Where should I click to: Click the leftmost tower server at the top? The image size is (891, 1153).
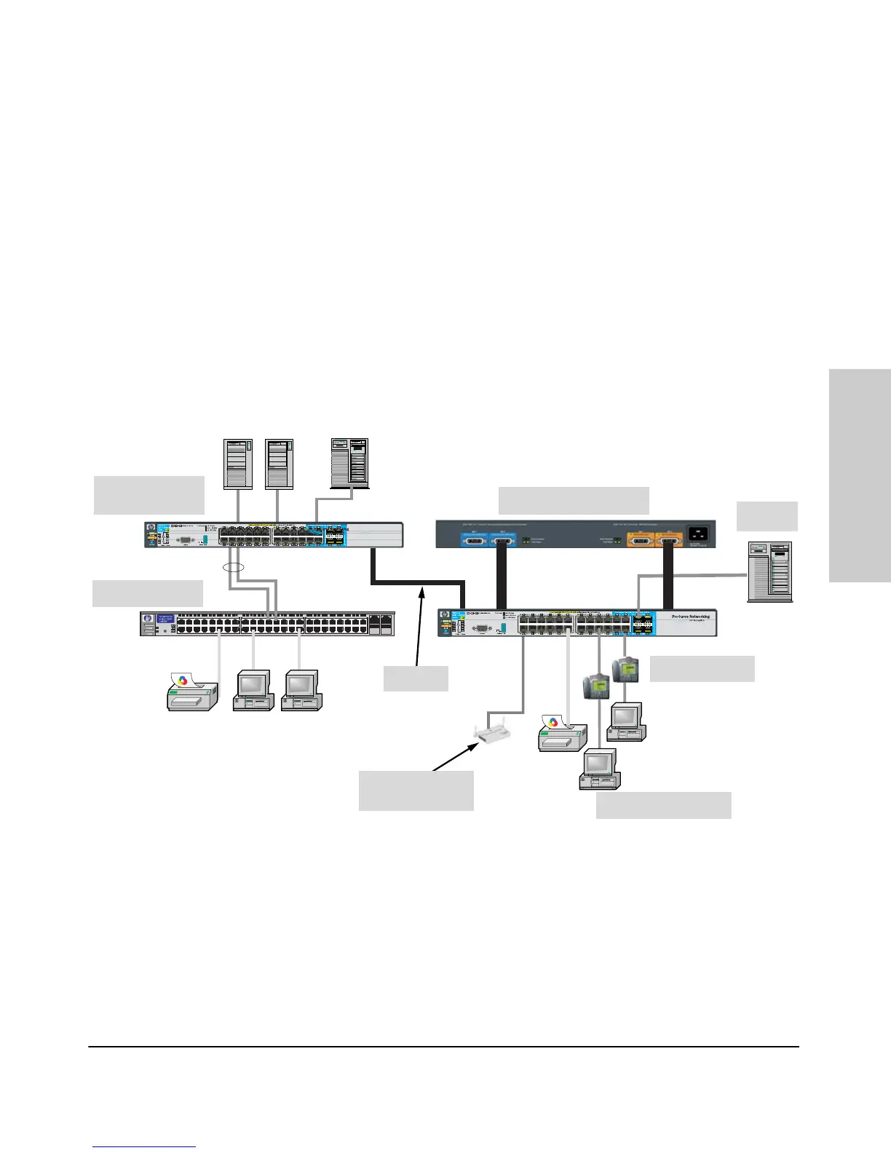[x=238, y=464]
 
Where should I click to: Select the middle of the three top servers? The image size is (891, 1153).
[x=279, y=464]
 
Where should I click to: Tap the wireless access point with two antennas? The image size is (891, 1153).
[x=492, y=732]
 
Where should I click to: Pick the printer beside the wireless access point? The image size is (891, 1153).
[x=562, y=733]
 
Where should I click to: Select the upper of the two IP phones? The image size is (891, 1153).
[x=625, y=669]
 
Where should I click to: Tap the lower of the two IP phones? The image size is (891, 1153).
[x=597, y=686]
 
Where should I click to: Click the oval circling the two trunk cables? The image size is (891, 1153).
[x=231, y=566]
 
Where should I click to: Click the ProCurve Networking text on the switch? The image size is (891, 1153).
[x=690, y=617]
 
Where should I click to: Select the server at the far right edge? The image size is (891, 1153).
[x=769, y=572]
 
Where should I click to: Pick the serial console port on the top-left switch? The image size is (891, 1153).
[x=185, y=540]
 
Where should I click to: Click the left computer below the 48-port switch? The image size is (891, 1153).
[x=253, y=691]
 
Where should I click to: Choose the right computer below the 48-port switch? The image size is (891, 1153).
[x=301, y=691]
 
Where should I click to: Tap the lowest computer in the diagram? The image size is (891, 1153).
[x=599, y=770]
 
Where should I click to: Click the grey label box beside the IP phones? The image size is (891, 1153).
[x=702, y=669]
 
